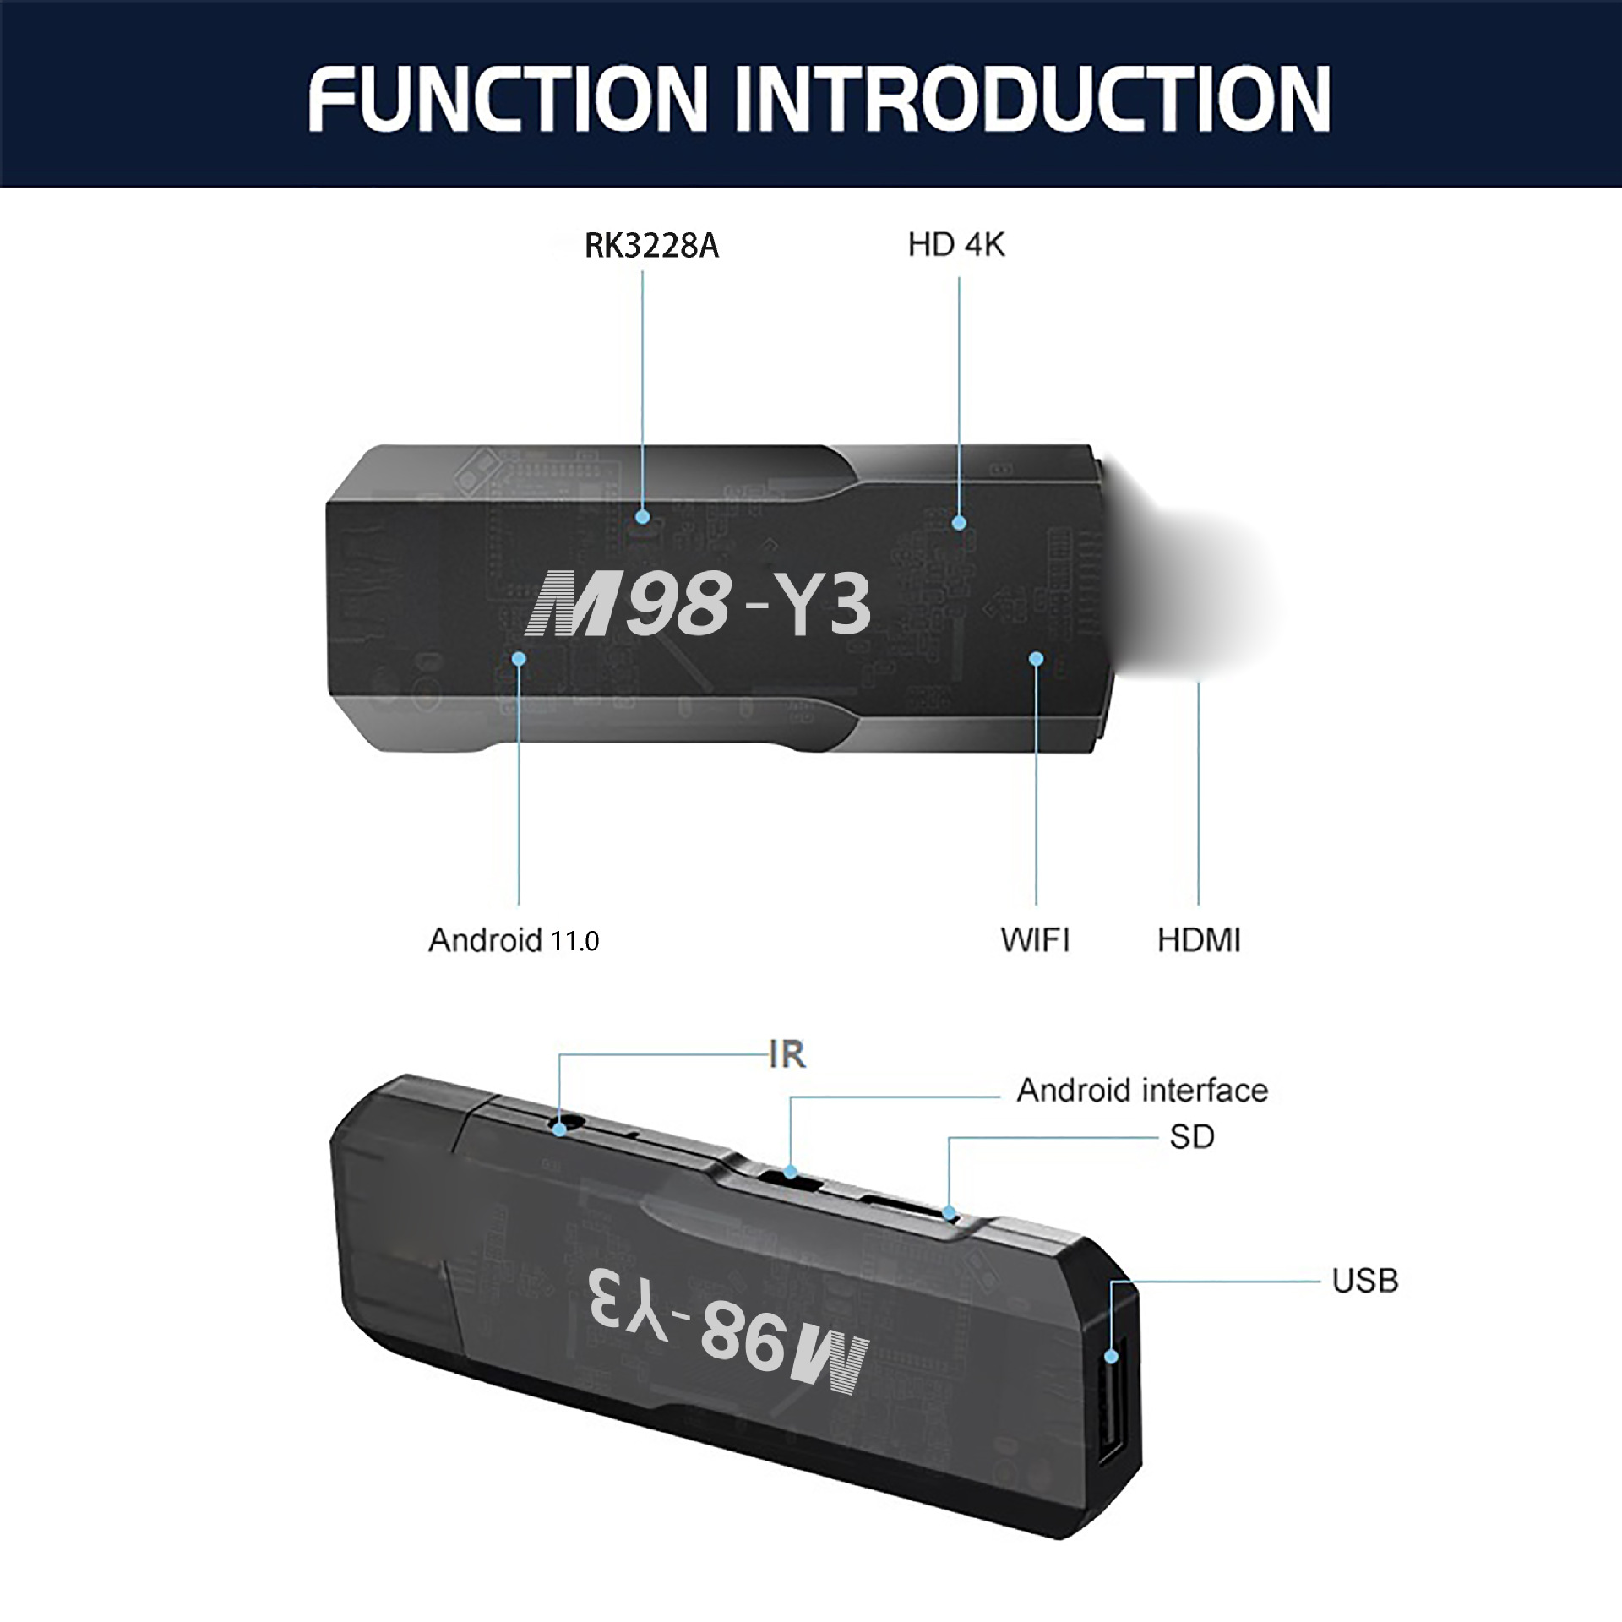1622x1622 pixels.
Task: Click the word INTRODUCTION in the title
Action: (x=1032, y=99)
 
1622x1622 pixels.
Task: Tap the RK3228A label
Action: (x=651, y=246)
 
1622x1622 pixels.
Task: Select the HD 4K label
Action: (x=956, y=245)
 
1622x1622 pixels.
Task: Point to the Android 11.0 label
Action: (x=514, y=940)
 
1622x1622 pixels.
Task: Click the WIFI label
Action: (x=1035, y=939)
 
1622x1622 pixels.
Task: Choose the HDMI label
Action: (x=1199, y=939)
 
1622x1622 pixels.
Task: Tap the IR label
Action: (x=787, y=1054)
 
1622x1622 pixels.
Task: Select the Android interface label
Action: (x=1142, y=1091)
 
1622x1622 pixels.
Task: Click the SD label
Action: (x=1192, y=1137)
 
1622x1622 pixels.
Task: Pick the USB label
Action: (x=1365, y=1281)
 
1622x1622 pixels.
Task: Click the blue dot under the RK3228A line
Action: (x=643, y=516)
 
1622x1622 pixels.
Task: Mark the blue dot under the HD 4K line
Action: (x=959, y=523)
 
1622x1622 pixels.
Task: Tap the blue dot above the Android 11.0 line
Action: (x=519, y=658)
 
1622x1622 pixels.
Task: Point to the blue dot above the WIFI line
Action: (x=1037, y=658)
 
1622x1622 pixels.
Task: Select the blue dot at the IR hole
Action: (x=560, y=1129)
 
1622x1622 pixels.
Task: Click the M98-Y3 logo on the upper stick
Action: (x=698, y=603)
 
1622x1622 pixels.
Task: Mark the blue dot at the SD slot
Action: (x=949, y=1214)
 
